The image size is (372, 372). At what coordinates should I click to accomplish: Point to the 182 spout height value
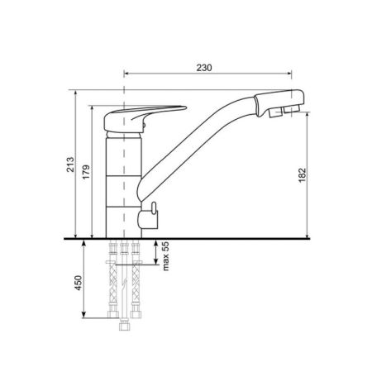[303, 175]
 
